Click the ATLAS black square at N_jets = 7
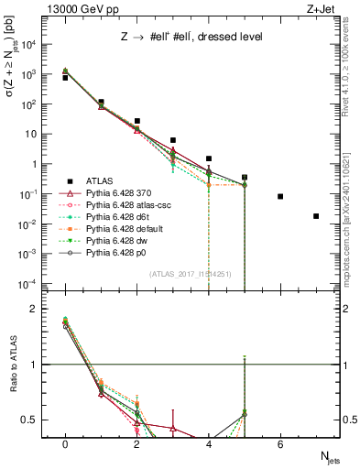pyautogui.click(x=316, y=216)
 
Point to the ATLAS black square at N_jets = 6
pyautogui.click(x=280, y=196)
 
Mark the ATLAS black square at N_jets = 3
pyautogui.click(x=173, y=140)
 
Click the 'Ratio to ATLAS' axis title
pyautogui.click(x=12, y=365)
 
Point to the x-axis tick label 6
pyautogui.click(x=280, y=444)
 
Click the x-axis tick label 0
pyautogui.click(x=65, y=444)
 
